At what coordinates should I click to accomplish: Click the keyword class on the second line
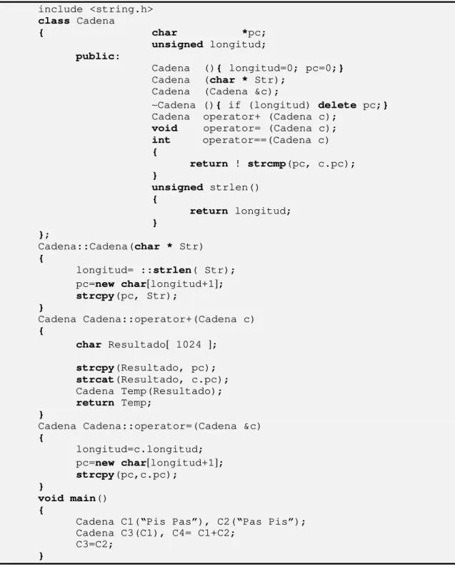(x=54, y=21)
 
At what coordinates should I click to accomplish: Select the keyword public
(x=95, y=56)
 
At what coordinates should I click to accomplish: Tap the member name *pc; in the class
(x=254, y=33)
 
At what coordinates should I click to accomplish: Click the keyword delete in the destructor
(x=337, y=105)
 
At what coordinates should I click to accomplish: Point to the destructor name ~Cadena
(x=174, y=105)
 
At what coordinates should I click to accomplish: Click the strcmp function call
(x=266, y=164)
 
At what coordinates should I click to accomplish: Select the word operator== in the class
(x=235, y=140)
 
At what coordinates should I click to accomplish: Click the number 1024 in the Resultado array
(x=189, y=345)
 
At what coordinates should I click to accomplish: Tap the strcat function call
(x=95, y=380)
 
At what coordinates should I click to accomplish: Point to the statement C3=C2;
(x=94, y=545)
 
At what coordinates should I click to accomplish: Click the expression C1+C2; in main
(x=216, y=533)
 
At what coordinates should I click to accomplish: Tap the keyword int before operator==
(x=161, y=140)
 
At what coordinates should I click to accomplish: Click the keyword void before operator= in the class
(x=164, y=129)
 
